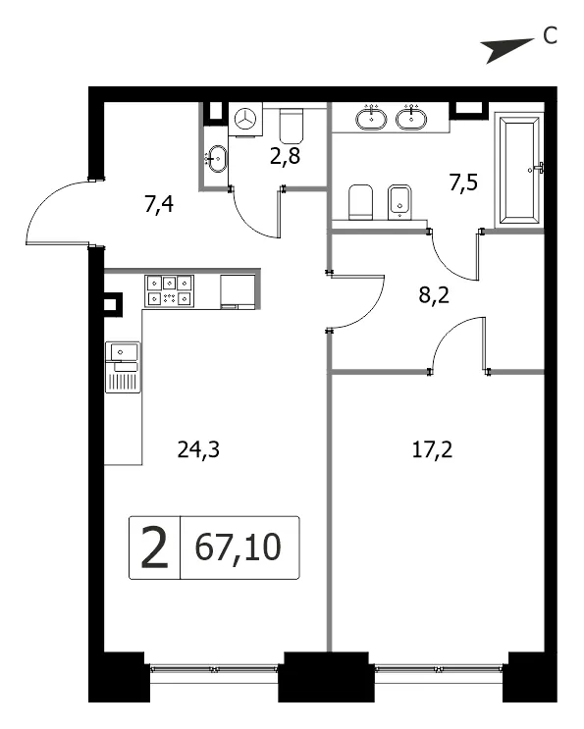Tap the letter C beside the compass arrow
(x=550, y=35)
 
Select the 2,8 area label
(x=285, y=157)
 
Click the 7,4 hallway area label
(x=159, y=204)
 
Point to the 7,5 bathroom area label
(x=463, y=182)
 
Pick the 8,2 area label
(x=434, y=294)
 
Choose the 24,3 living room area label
(x=198, y=450)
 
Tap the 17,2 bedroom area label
(x=433, y=450)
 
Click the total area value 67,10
(x=239, y=547)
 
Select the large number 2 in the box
(x=154, y=547)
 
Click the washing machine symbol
(x=245, y=120)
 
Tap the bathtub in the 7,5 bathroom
(x=519, y=170)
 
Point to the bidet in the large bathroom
(x=399, y=202)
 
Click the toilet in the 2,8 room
(x=292, y=126)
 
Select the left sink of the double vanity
(x=372, y=118)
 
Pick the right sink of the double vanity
(x=411, y=118)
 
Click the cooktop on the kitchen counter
(x=169, y=291)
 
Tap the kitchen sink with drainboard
(x=123, y=367)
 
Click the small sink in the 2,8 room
(x=216, y=159)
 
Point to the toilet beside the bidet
(x=361, y=202)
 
